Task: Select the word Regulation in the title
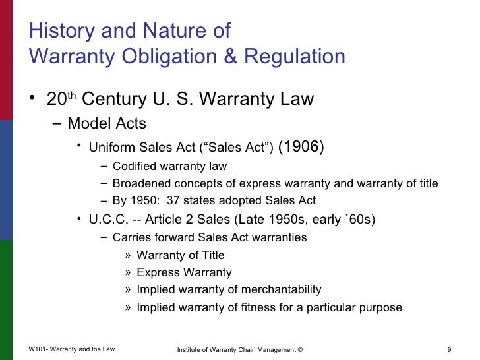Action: pyautogui.click(x=295, y=57)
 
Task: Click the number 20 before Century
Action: pyautogui.click(x=57, y=100)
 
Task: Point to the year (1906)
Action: pyautogui.click(x=301, y=146)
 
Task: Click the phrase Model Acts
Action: pyautogui.click(x=107, y=123)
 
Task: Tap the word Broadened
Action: pyautogui.click(x=140, y=183)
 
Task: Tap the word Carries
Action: pyautogui.click(x=132, y=237)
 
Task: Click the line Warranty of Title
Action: pyautogui.click(x=180, y=255)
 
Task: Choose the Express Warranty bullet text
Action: pyautogui.click(x=184, y=272)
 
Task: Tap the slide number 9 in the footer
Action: pyautogui.click(x=448, y=349)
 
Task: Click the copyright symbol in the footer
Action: pyautogui.click(x=300, y=349)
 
